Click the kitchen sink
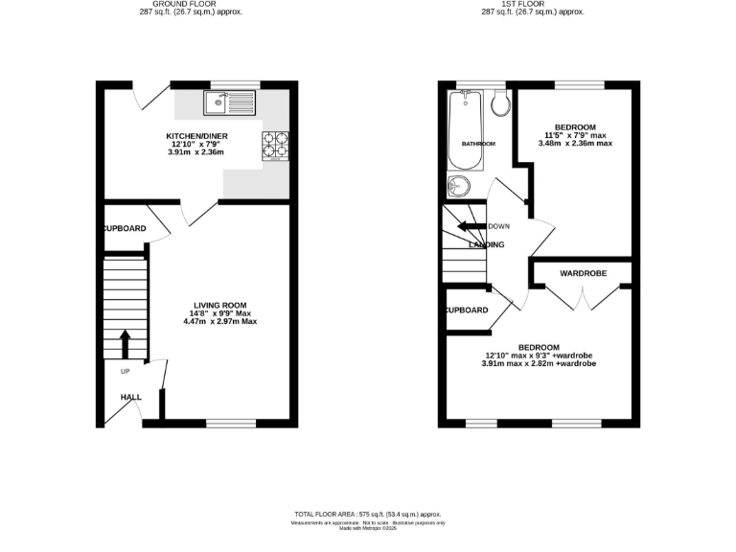[x=228, y=99]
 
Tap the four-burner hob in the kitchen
[x=274, y=144]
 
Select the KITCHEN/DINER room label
[x=195, y=136]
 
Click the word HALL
[x=130, y=396]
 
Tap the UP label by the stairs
[x=125, y=372]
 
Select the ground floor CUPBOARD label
[x=125, y=229]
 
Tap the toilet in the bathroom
[x=498, y=103]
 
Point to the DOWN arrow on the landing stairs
[x=470, y=227]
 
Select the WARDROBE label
[x=583, y=274]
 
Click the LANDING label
[x=486, y=244]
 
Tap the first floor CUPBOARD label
[x=466, y=310]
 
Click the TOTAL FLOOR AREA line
[x=367, y=514]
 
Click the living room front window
[x=231, y=423]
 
